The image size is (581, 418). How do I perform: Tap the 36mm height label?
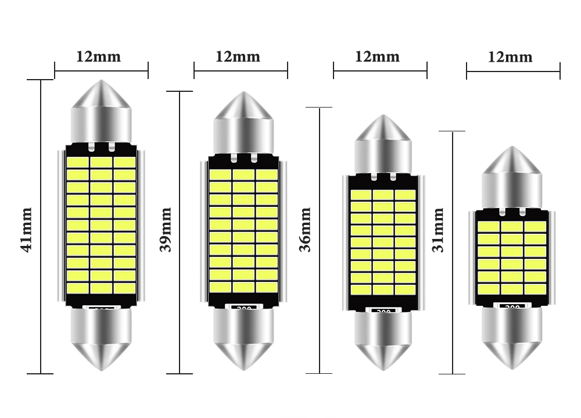306,229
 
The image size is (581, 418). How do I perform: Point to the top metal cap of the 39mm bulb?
243,122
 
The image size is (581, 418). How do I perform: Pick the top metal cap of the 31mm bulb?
512,177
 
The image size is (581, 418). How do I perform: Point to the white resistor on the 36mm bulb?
383,310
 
